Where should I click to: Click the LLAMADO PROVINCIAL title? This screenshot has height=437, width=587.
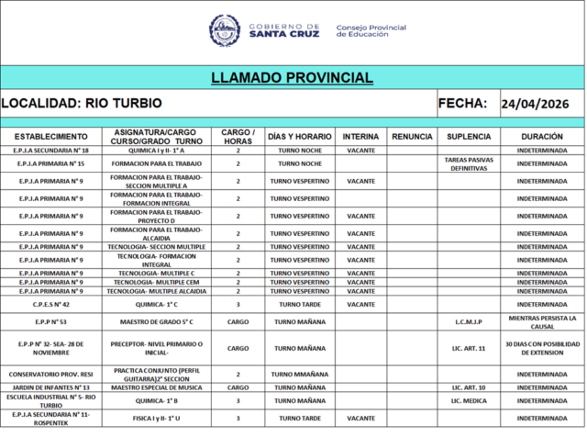292,78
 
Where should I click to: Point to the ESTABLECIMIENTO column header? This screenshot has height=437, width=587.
50,136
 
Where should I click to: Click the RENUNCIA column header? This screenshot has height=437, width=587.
411,136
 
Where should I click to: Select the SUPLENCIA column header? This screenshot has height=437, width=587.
469,136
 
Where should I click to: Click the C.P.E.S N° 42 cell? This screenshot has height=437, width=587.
50,304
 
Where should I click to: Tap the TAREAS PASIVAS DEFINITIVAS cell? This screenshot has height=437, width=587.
469,163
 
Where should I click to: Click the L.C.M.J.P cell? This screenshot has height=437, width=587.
469,322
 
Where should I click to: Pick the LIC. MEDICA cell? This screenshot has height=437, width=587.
469,400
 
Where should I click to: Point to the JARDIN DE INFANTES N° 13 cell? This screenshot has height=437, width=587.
50,387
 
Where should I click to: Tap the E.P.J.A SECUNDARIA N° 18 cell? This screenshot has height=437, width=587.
50,150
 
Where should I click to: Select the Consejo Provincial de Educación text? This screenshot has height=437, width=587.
371,30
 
